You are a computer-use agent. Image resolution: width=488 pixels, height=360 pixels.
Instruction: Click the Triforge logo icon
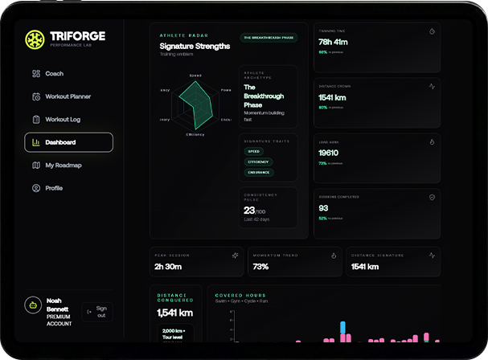[x=34, y=39]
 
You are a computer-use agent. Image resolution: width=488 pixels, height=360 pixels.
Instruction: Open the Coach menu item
[x=54, y=74]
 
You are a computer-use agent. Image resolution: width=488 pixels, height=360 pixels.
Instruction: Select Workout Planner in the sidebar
[x=68, y=96]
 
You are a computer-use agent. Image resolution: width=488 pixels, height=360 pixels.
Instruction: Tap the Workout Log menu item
[x=62, y=120]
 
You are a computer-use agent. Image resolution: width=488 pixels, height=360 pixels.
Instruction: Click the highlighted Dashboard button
[x=69, y=142]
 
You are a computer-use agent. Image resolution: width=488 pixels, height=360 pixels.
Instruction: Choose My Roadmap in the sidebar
[x=63, y=166]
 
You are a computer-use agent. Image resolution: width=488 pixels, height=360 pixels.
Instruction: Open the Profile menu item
[x=54, y=188]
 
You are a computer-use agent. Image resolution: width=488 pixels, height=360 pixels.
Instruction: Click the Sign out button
[x=97, y=312]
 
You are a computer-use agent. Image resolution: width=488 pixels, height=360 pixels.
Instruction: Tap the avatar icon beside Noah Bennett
[x=33, y=306]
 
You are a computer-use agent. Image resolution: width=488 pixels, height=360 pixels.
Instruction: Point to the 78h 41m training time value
[x=333, y=43]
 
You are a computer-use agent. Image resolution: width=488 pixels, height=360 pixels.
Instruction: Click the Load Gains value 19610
[x=328, y=153]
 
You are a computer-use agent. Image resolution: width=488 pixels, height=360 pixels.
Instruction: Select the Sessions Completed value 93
[x=324, y=208]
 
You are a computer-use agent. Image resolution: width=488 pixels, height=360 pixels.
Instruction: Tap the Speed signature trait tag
[x=254, y=151]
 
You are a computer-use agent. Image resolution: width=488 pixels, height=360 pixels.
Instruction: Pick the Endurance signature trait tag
[x=259, y=172]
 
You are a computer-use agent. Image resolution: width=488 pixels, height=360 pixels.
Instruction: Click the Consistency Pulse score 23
[x=250, y=210]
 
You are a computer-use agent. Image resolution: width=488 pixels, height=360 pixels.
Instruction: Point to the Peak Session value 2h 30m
[x=168, y=266]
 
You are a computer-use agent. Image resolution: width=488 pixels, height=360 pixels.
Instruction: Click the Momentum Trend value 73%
[x=260, y=266]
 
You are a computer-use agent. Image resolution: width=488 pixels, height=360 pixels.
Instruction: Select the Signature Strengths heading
[x=195, y=47]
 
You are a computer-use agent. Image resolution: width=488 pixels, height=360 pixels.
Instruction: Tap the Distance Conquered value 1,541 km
[x=174, y=313]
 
